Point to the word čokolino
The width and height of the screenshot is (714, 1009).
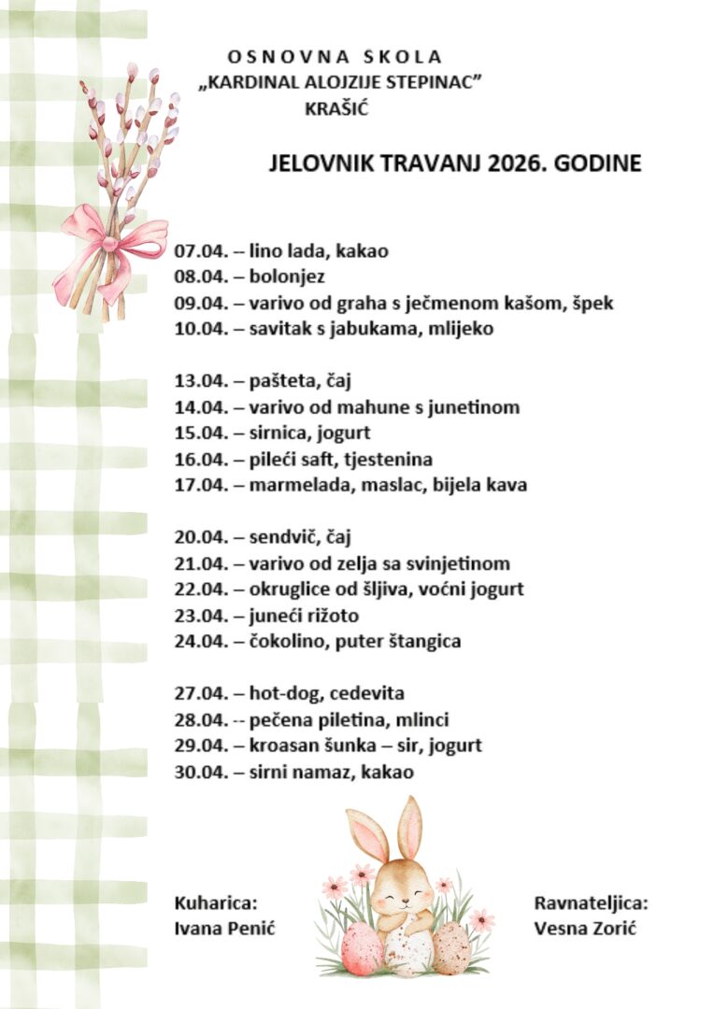(x=284, y=642)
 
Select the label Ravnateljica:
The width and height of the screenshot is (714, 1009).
(x=591, y=902)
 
